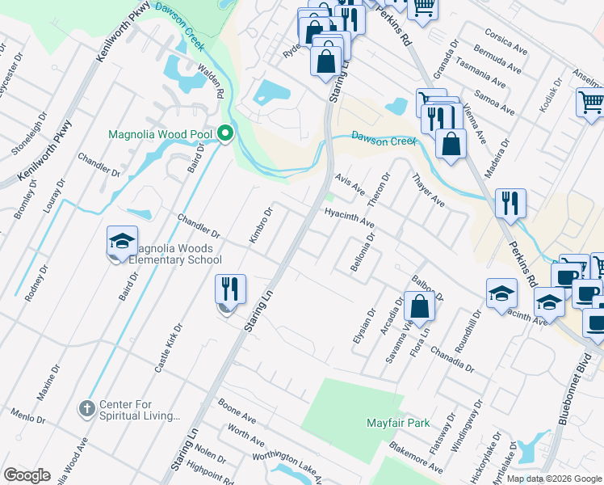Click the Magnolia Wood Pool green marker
225,133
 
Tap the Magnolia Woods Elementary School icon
122,242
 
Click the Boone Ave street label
237,410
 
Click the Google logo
27,475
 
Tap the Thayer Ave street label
428,189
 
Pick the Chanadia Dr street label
451,357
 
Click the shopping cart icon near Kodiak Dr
590,103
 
